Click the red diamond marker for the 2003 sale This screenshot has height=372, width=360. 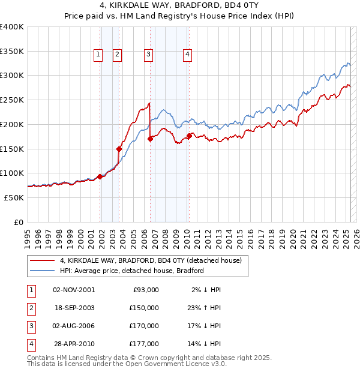(119, 149)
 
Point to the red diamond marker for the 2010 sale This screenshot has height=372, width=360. (189, 136)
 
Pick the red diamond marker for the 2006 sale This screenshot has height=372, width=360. (150, 139)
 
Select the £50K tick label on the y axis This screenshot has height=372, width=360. (14, 197)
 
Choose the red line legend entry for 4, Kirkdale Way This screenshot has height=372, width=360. (151, 261)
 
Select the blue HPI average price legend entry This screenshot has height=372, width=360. (132, 271)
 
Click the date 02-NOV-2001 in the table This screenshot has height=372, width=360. (74, 290)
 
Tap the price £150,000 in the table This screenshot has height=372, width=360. (144, 308)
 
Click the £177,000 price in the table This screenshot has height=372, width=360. (144, 344)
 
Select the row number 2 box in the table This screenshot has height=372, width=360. (31, 308)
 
